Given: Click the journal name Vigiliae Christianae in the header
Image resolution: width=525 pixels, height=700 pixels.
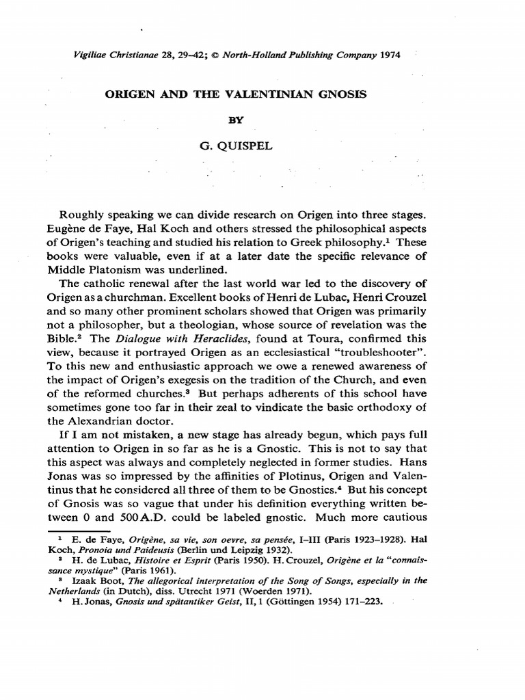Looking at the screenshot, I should pyautogui.click(x=112, y=55).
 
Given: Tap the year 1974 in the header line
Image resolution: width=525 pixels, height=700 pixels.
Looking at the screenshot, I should pyautogui.click(x=388, y=55).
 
